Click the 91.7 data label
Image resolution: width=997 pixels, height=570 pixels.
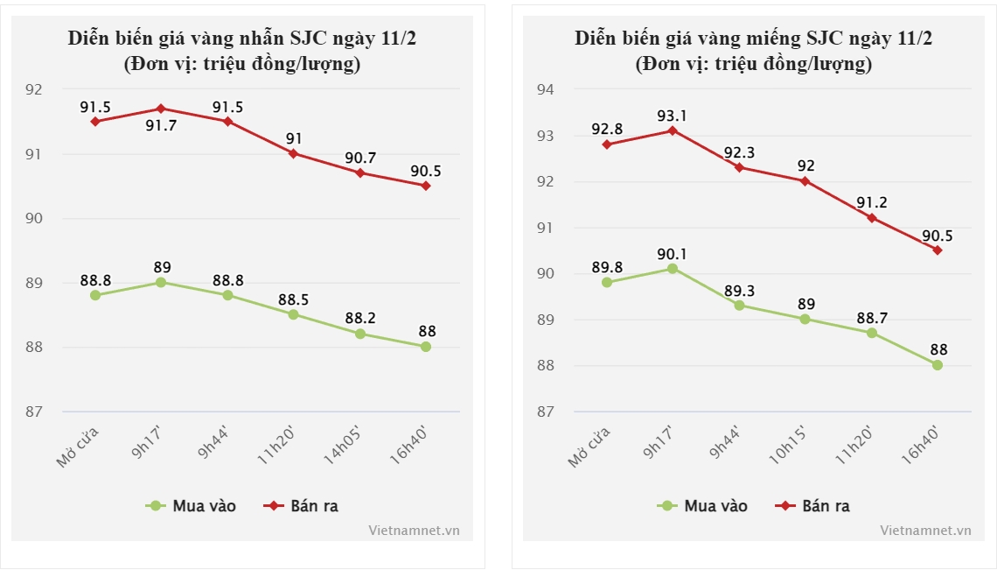click(x=160, y=126)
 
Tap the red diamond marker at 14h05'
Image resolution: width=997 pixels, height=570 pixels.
click(x=359, y=172)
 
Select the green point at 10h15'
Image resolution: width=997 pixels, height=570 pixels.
click(x=805, y=319)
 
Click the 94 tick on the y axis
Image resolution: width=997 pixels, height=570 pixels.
click(x=545, y=89)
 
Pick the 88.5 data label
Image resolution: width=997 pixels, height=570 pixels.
click(x=293, y=299)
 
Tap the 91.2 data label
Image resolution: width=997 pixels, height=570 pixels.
click(x=871, y=202)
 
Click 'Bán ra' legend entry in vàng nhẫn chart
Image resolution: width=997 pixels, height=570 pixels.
click(x=302, y=505)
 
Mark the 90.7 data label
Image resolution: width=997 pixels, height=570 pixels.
click(x=359, y=158)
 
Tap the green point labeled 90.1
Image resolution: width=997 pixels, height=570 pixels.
click(x=673, y=269)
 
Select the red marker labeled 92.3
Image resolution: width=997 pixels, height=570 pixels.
click(x=739, y=167)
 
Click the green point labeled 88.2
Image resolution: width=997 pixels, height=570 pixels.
click(x=359, y=334)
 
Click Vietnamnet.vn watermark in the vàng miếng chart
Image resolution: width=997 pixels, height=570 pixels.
click(x=925, y=530)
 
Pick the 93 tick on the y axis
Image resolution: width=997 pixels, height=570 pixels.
click(x=545, y=136)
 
